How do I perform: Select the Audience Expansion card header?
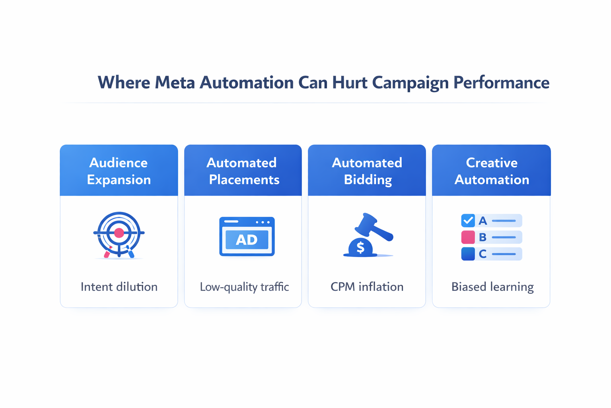point(119,171)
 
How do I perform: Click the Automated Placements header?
point(243,171)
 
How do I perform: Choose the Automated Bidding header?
point(367,171)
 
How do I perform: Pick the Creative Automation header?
point(492,171)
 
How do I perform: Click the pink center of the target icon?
point(119,233)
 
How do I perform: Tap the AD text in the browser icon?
point(247,240)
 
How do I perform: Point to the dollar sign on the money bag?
point(360,247)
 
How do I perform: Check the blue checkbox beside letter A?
point(468,220)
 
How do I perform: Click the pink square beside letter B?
point(468,237)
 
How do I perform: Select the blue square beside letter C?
point(468,254)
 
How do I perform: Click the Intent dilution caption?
point(119,287)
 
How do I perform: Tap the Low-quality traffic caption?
point(244,287)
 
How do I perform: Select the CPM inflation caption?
point(367,287)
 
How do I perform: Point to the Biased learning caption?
point(492,287)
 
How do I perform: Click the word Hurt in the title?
point(350,82)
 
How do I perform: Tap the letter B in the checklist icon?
point(483,237)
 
